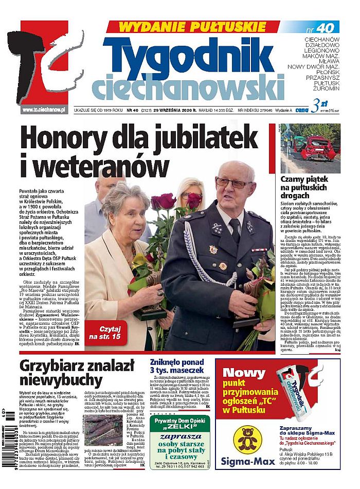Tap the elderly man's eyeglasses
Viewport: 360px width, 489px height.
tap(231, 183)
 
